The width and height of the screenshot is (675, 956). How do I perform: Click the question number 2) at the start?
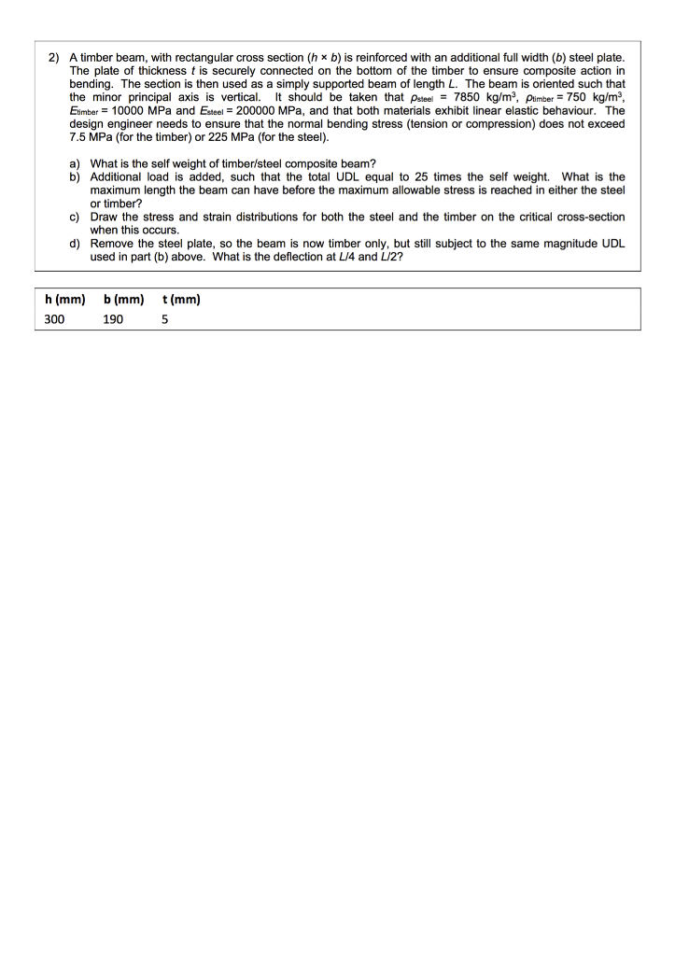pos(54,58)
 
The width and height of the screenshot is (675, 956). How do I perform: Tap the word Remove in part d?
pos(111,242)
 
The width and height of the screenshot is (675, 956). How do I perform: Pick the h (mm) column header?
pos(65,300)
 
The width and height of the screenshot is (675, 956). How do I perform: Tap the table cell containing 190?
pos(114,318)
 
